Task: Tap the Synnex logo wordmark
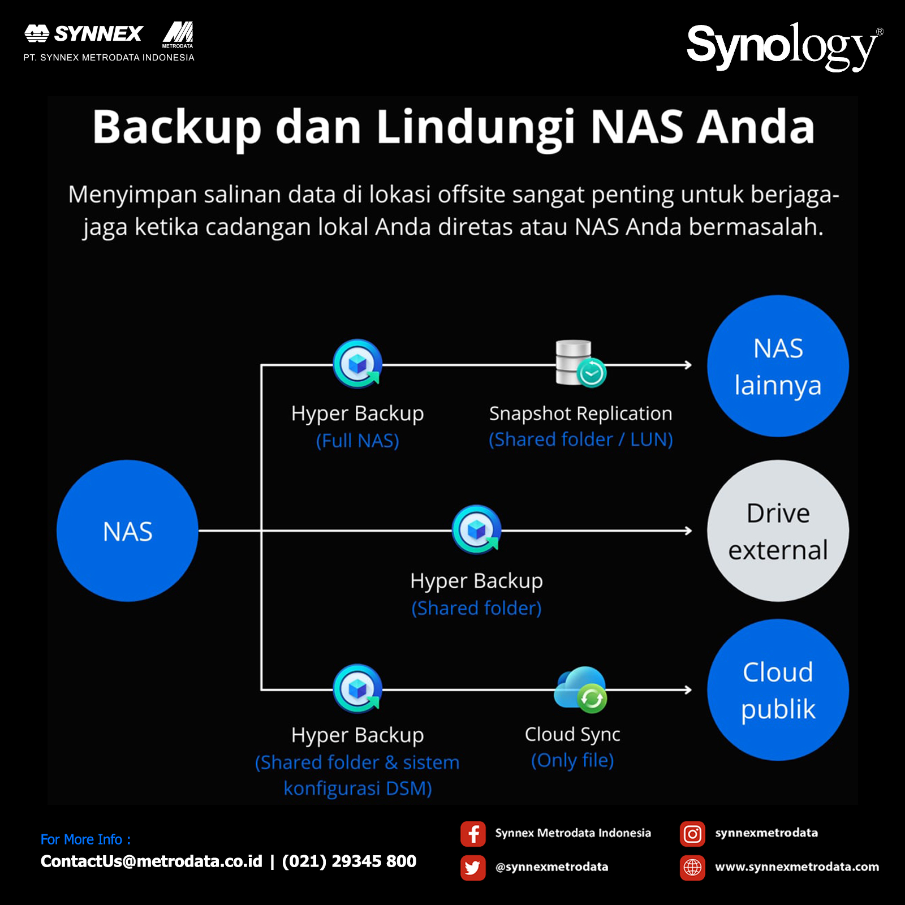pyautogui.click(x=84, y=34)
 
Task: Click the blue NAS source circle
pyautogui.click(x=127, y=531)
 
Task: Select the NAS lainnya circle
pyautogui.click(x=778, y=366)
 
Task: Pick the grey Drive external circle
pyautogui.click(x=778, y=531)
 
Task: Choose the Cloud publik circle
pyautogui.click(x=778, y=690)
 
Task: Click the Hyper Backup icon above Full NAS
pyautogui.click(x=357, y=364)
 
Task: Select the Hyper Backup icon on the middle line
pyautogui.click(x=477, y=529)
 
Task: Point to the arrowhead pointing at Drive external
pyautogui.click(x=688, y=531)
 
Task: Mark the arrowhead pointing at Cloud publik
pyautogui.click(x=688, y=690)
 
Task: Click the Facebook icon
pyautogui.click(x=473, y=834)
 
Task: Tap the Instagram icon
pyautogui.click(x=692, y=834)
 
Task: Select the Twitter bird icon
pyautogui.click(x=473, y=868)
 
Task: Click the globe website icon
pyautogui.click(x=692, y=868)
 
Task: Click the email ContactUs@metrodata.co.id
pyautogui.click(x=152, y=861)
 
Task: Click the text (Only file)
pyautogui.click(x=572, y=761)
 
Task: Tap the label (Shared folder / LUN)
pyautogui.click(x=581, y=440)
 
